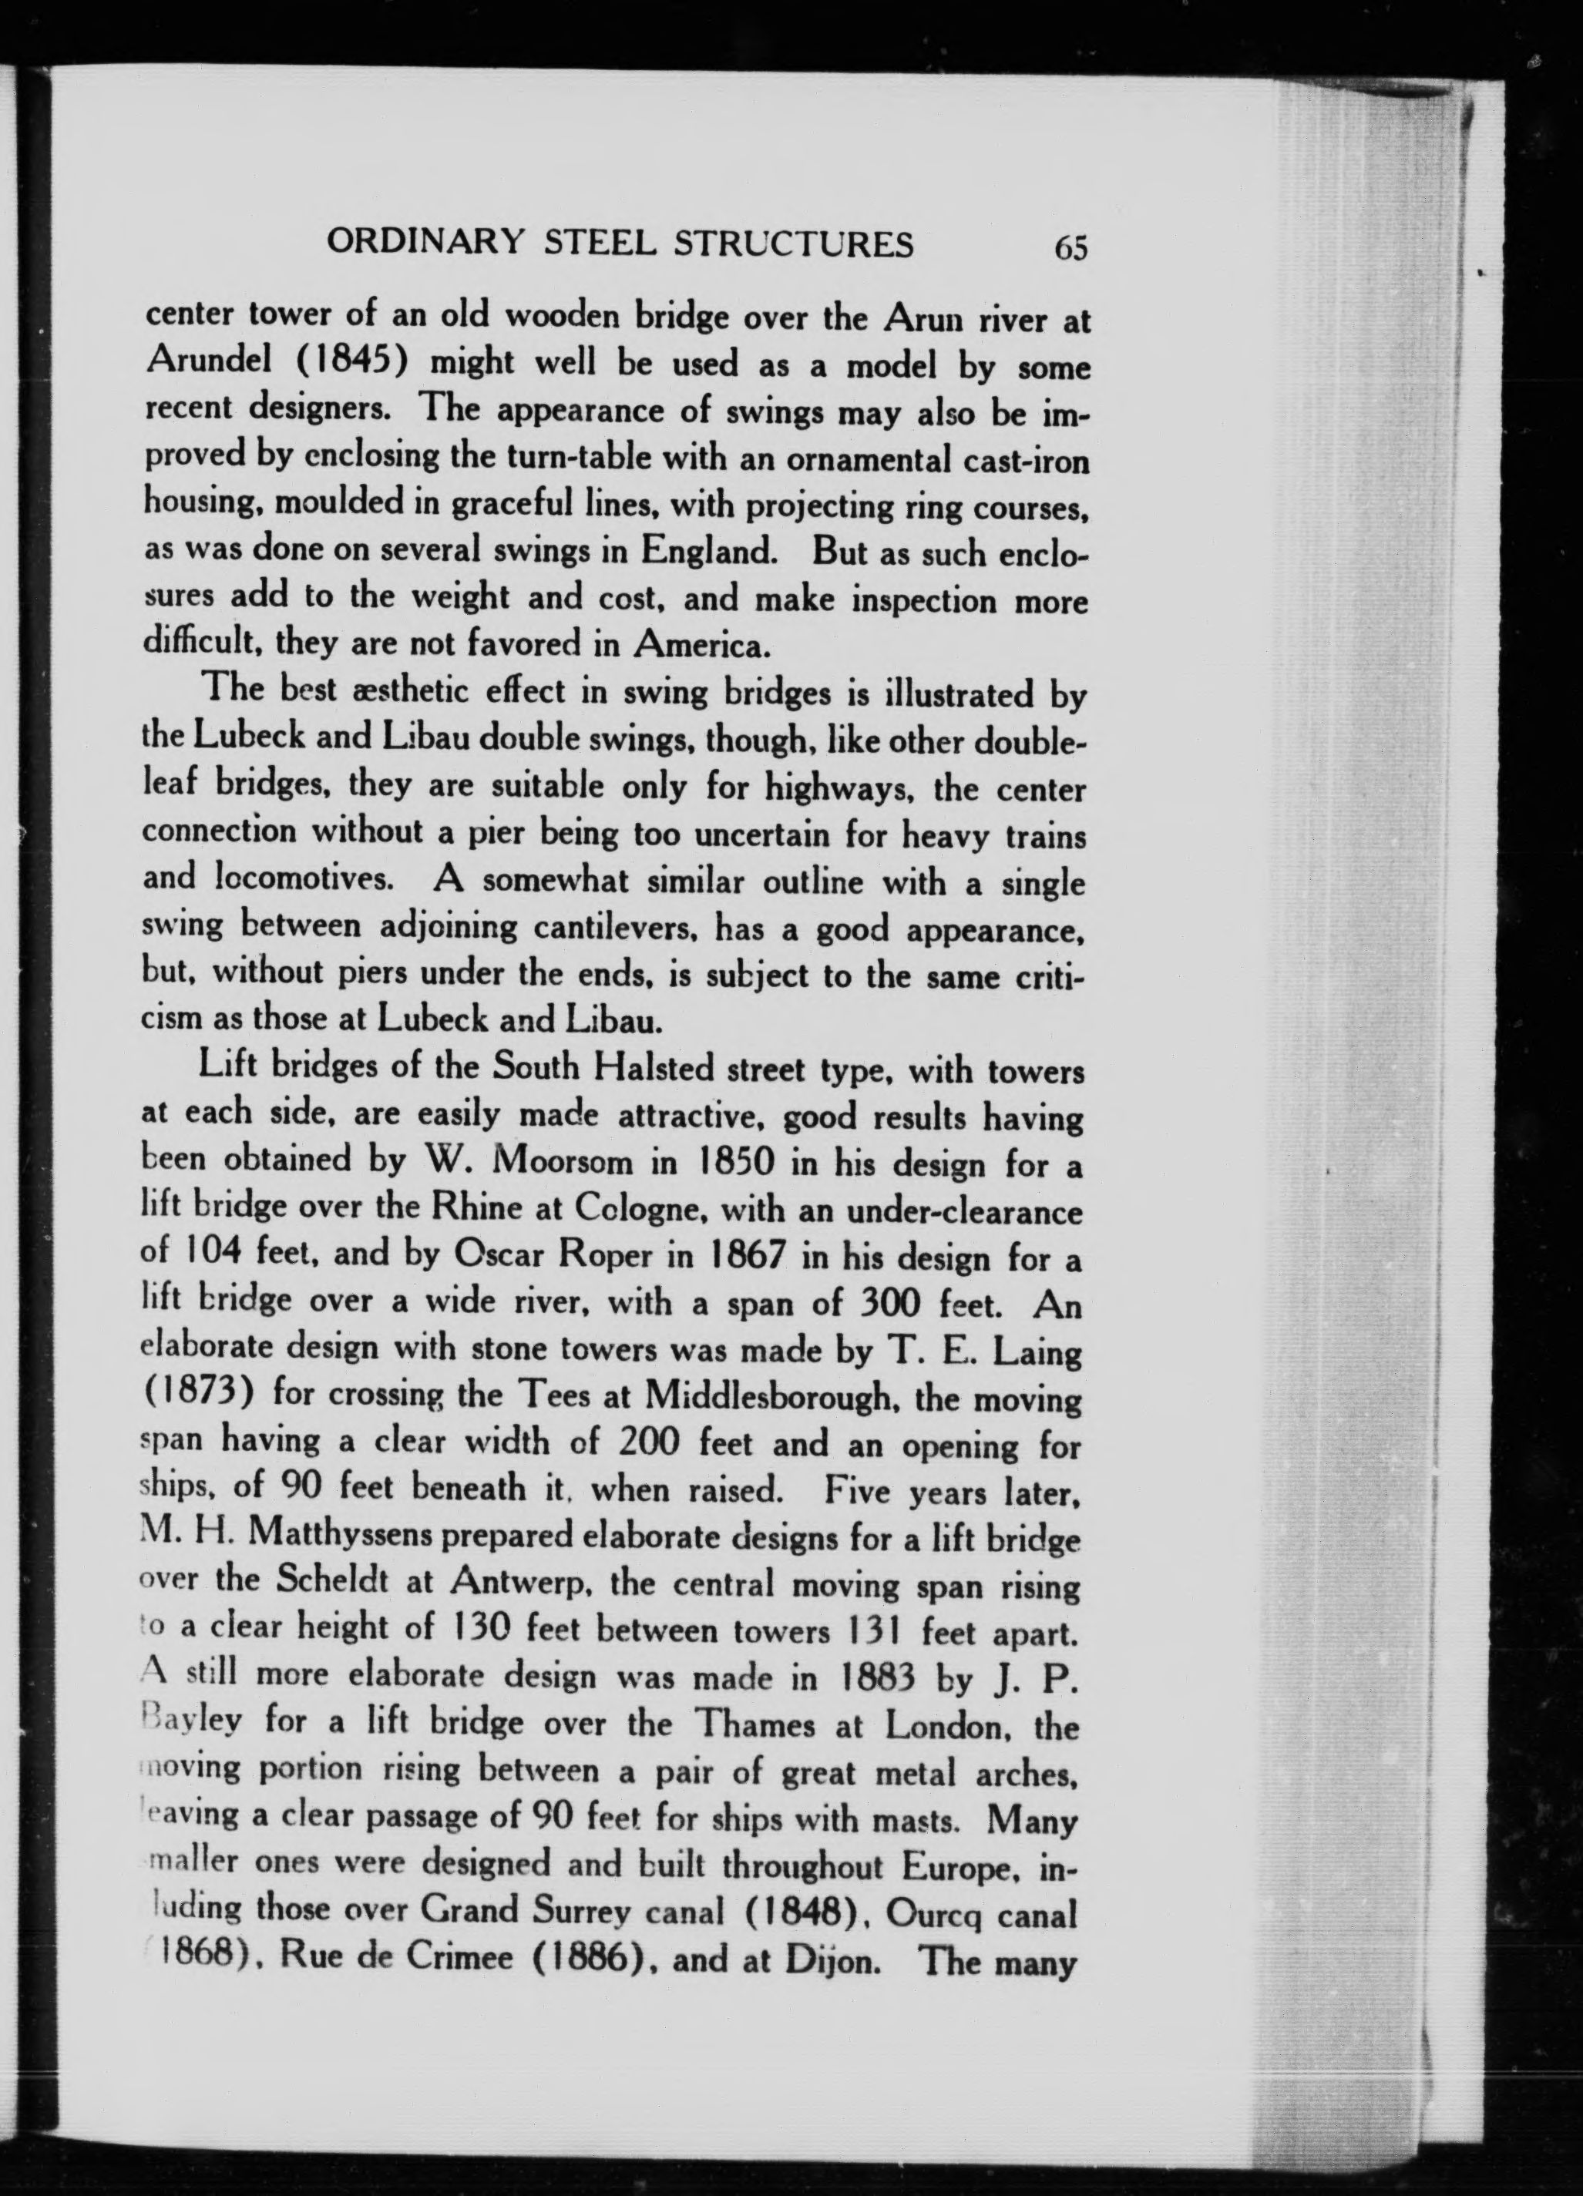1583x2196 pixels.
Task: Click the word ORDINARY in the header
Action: click(x=423, y=242)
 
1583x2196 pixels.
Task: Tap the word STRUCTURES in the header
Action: click(x=793, y=244)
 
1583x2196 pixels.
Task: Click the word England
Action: click(x=707, y=551)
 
